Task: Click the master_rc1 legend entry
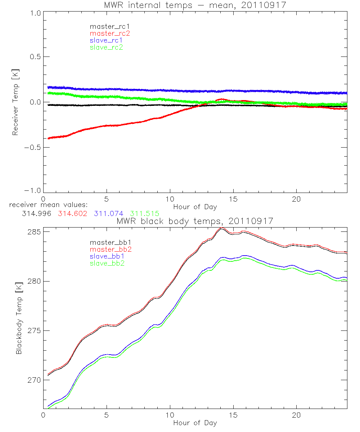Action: point(107,26)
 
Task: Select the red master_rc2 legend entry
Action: point(110,33)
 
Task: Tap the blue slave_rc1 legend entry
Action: point(106,40)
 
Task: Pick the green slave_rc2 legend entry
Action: point(106,47)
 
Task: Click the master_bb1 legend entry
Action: point(107,242)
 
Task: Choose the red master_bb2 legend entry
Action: point(110,249)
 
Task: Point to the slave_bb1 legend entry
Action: point(106,256)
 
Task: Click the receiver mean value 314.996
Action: point(37,213)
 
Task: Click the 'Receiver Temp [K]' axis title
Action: point(15,102)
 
